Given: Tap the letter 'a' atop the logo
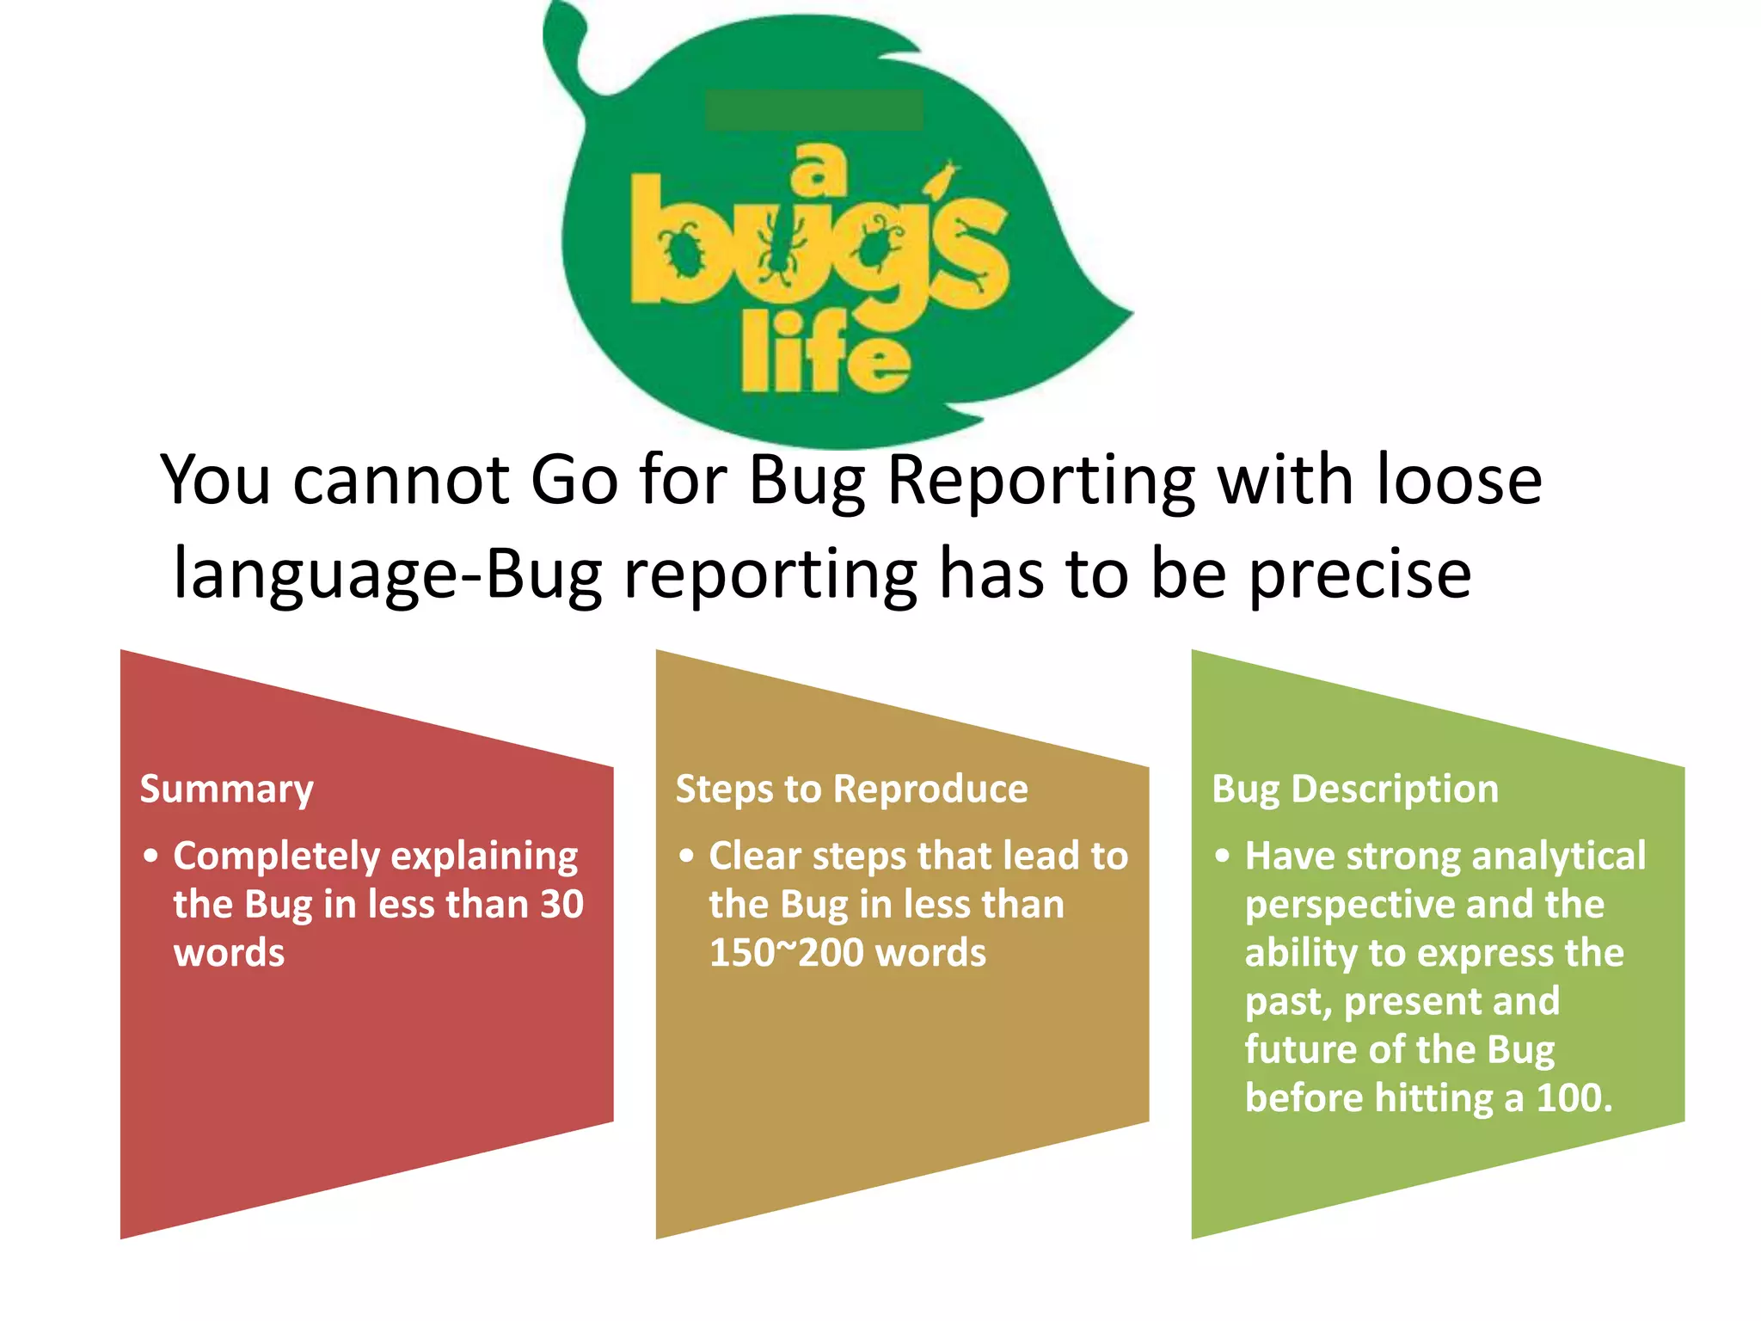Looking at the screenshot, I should [x=818, y=169].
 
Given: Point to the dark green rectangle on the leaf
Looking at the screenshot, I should [x=813, y=110].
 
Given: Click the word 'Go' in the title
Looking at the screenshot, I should [x=574, y=480].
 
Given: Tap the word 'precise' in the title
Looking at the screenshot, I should [x=1359, y=574].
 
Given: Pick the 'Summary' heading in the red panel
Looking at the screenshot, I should [x=227, y=790].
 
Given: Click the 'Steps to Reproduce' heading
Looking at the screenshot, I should [x=851, y=790].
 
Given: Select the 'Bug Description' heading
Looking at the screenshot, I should [x=1355, y=790].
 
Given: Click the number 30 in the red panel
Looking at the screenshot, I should [x=561, y=904].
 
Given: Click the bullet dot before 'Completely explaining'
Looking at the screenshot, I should [x=151, y=857].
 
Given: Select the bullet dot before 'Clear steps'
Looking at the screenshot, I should [x=686, y=857].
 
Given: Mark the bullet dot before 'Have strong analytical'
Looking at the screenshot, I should [x=1223, y=857].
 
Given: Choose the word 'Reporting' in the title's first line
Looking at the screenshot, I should [x=1040, y=480].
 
